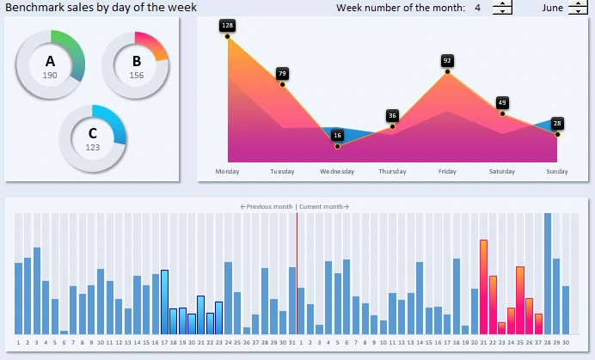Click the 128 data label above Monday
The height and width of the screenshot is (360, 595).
[227, 26]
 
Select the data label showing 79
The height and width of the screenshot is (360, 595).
[282, 74]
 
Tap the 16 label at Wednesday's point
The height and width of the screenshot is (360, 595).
[337, 136]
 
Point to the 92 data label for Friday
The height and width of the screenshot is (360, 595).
[447, 61]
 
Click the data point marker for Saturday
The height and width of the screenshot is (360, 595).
[502, 113]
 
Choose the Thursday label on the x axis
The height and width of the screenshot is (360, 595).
[392, 172]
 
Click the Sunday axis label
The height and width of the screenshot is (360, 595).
[557, 172]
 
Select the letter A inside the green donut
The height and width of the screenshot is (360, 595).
[50, 62]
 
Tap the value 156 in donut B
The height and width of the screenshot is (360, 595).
[136, 76]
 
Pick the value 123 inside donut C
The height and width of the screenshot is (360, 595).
[93, 148]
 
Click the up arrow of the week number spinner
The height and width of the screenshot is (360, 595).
[502, 4]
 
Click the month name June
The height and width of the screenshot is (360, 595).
[553, 8]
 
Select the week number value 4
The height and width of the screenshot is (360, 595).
[477, 8]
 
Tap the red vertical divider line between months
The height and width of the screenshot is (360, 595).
[297, 275]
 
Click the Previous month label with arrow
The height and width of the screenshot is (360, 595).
[267, 207]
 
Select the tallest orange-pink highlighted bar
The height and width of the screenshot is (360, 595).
[483, 287]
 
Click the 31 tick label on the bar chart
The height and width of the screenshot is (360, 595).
[292, 342]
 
